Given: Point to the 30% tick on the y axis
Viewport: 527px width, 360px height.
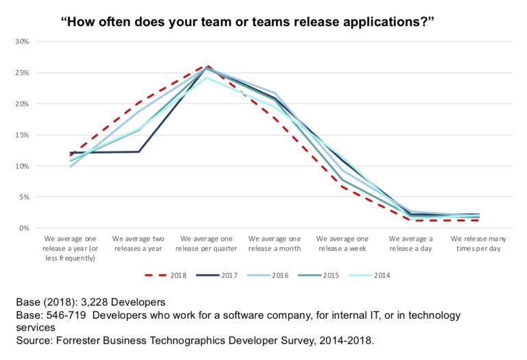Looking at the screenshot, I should point(23,42).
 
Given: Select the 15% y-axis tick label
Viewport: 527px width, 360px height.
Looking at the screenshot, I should point(23,135).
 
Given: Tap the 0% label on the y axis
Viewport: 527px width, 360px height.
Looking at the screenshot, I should point(25,228).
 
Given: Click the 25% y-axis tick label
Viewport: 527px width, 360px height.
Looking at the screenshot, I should point(23,73).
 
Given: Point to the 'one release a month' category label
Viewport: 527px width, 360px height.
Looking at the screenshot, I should point(274,243).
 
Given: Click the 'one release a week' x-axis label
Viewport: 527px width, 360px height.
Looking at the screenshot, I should point(342,243).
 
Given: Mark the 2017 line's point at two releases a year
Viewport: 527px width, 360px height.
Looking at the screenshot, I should point(139,152).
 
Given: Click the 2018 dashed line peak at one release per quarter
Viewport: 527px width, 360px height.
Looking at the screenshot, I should point(205,67).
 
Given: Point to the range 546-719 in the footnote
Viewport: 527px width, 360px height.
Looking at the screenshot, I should point(69,315).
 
